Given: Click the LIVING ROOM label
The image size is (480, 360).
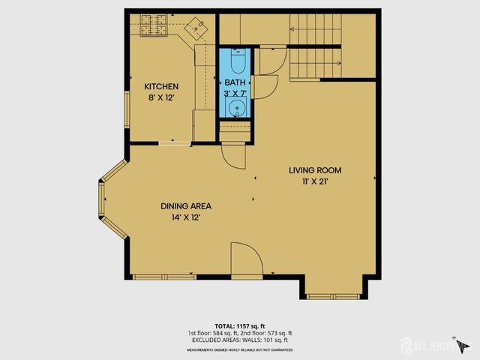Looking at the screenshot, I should (314, 169).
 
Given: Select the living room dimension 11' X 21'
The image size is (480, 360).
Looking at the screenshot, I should (314, 181).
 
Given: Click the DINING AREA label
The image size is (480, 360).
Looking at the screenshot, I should (185, 206).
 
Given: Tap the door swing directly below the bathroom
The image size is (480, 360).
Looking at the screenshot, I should (232, 154).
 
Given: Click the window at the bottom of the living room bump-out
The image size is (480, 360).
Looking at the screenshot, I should (335, 295).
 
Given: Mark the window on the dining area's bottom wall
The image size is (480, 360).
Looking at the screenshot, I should (164, 277).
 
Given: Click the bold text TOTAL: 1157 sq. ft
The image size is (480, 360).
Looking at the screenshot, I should (240, 326).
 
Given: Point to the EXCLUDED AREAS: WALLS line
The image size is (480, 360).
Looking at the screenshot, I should (240, 340).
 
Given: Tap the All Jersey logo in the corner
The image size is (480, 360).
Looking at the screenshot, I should (435, 345).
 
